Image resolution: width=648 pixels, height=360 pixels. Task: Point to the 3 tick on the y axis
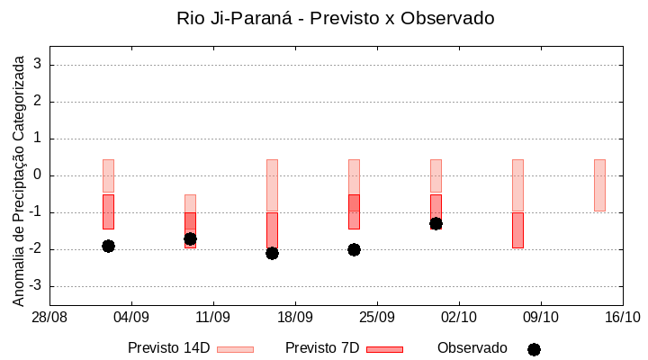[39, 65]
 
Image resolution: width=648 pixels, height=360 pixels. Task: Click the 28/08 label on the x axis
[49, 317]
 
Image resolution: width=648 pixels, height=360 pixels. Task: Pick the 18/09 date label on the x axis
[295, 317]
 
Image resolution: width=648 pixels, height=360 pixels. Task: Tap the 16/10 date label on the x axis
[622, 317]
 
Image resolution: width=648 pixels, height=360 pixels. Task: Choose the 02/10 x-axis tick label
[459, 317]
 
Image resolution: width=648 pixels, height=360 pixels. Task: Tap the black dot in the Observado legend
[534, 349]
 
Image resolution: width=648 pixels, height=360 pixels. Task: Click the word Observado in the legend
[472, 348]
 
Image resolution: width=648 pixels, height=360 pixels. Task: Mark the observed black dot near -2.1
[272, 253]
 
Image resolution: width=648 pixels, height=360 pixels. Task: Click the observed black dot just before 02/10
[436, 223]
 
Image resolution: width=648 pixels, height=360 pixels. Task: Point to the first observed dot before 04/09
[108, 246]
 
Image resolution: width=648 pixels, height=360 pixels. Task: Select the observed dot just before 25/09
[354, 249]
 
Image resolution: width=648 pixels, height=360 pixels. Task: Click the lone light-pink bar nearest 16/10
[599, 185]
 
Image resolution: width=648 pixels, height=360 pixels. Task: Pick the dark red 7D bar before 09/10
[517, 229]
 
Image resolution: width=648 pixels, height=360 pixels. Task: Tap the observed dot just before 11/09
[190, 238]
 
